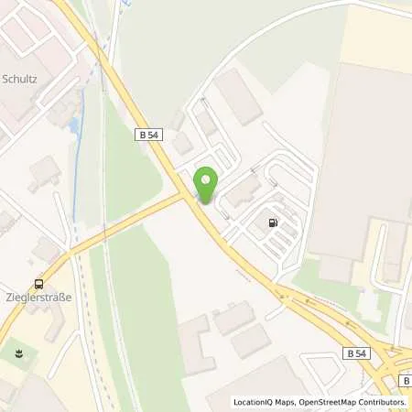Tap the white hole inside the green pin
(205, 179)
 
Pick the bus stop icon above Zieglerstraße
(38, 284)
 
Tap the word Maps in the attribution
(289, 402)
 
